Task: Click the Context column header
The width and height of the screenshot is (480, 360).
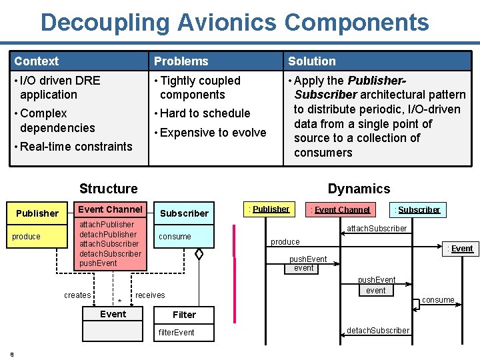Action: pyautogui.click(x=37, y=61)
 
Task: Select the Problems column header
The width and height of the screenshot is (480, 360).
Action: pyautogui.click(x=181, y=61)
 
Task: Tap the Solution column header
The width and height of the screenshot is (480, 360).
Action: pyautogui.click(x=312, y=61)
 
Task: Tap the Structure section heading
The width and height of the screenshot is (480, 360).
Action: pyautogui.click(x=109, y=189)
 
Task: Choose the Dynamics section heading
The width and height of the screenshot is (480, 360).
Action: pyautogui.click(x=359, y=189)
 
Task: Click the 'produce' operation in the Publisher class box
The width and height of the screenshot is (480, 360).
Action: pyautogui.click(x=27, y=237)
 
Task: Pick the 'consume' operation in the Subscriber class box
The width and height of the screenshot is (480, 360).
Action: pyautogui.click(x=175, y=237)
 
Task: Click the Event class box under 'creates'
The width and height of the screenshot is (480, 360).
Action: pyautogui.click(x=113, y=314)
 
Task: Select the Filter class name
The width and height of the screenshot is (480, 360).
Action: pyautogui.click(x=184, y=315)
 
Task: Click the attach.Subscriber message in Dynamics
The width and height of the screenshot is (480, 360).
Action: pyautogui.click(x=377, y=229)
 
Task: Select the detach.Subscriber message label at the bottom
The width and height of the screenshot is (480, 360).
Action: pyautogui.click(x=378, y=331)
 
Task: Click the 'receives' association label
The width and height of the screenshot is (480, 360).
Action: pyautogui.click(x=150, y=295)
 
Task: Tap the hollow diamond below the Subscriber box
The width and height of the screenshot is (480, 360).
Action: pyautogui.click(x=199, y=254)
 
